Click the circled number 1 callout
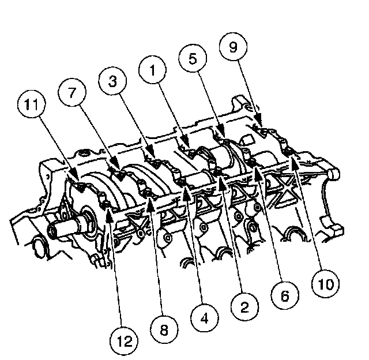pyautogui.click(x=152, y=70)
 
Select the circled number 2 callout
pyautogui.click(x=244, y=306)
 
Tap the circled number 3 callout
pyautogui.click(x=112, y=81)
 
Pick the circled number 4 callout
pyautogui.click(x=204, y=318)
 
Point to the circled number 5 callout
pyautogui.click(x=193, y=58)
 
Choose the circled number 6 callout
pyautogui.click(x=285, y=295)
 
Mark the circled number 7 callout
pyautogui.click(x=72, y=92)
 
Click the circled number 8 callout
pyautogui.click(x=164, y=329)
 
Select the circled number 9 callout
pyautogui.click(x=233, y=47)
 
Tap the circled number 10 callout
pyautogui.click(x=325, y=283)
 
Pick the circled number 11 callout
pyautogui.click(x=32, y=104)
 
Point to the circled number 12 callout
pyautogui.click(x=124, y=341)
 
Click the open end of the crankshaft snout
pyautogui.click(x=52, y=230)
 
